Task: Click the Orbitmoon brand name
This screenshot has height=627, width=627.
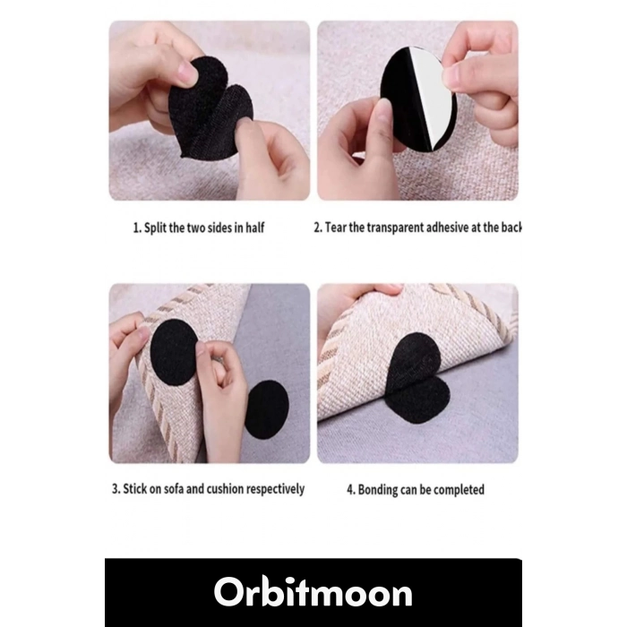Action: (x=313, y=593)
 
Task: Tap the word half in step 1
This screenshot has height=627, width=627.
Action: (x=254, y=228)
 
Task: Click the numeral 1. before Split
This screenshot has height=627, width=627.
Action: (x=137, y=228)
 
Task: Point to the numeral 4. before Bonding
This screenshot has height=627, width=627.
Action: (x=351, y=490)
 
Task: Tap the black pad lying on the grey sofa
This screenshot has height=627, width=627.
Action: (x=266, y=409)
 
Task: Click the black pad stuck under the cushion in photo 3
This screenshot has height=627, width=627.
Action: (x=174, y=352)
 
